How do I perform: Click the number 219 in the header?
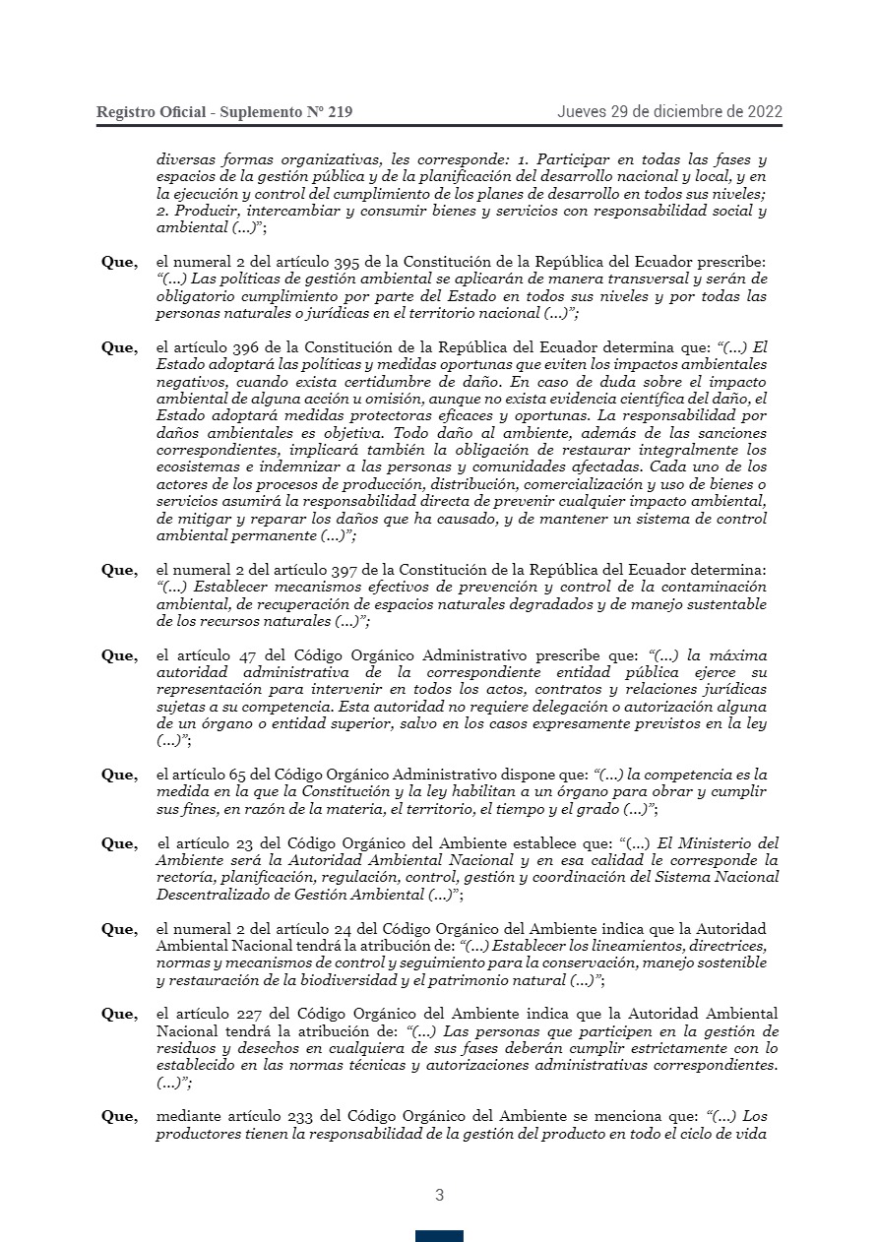coord(337,112)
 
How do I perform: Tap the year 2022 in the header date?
coord(763,111)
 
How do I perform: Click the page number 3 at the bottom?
coord(439,1196)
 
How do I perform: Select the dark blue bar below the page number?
coord(439,1236)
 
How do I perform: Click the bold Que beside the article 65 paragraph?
coord(119,775)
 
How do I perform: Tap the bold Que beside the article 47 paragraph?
coord(119,655)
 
